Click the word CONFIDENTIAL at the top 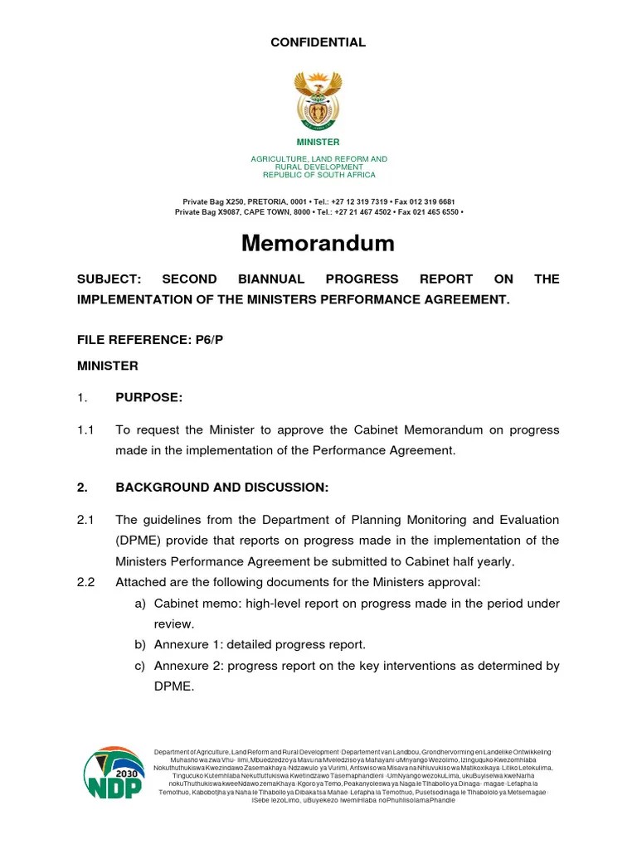coord(318,42)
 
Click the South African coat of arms coord(318,99)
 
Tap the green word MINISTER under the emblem coord(318,143)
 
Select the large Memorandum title coord(318,243)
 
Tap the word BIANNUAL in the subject coord(275,279)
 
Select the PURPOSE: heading coord(148,398)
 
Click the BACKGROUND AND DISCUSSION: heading coord(221,488)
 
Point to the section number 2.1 coord(85,520)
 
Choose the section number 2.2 coord(85,582)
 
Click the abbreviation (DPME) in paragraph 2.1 coord(139,541)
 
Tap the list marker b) coord(140,644)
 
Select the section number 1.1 coord(85,429)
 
